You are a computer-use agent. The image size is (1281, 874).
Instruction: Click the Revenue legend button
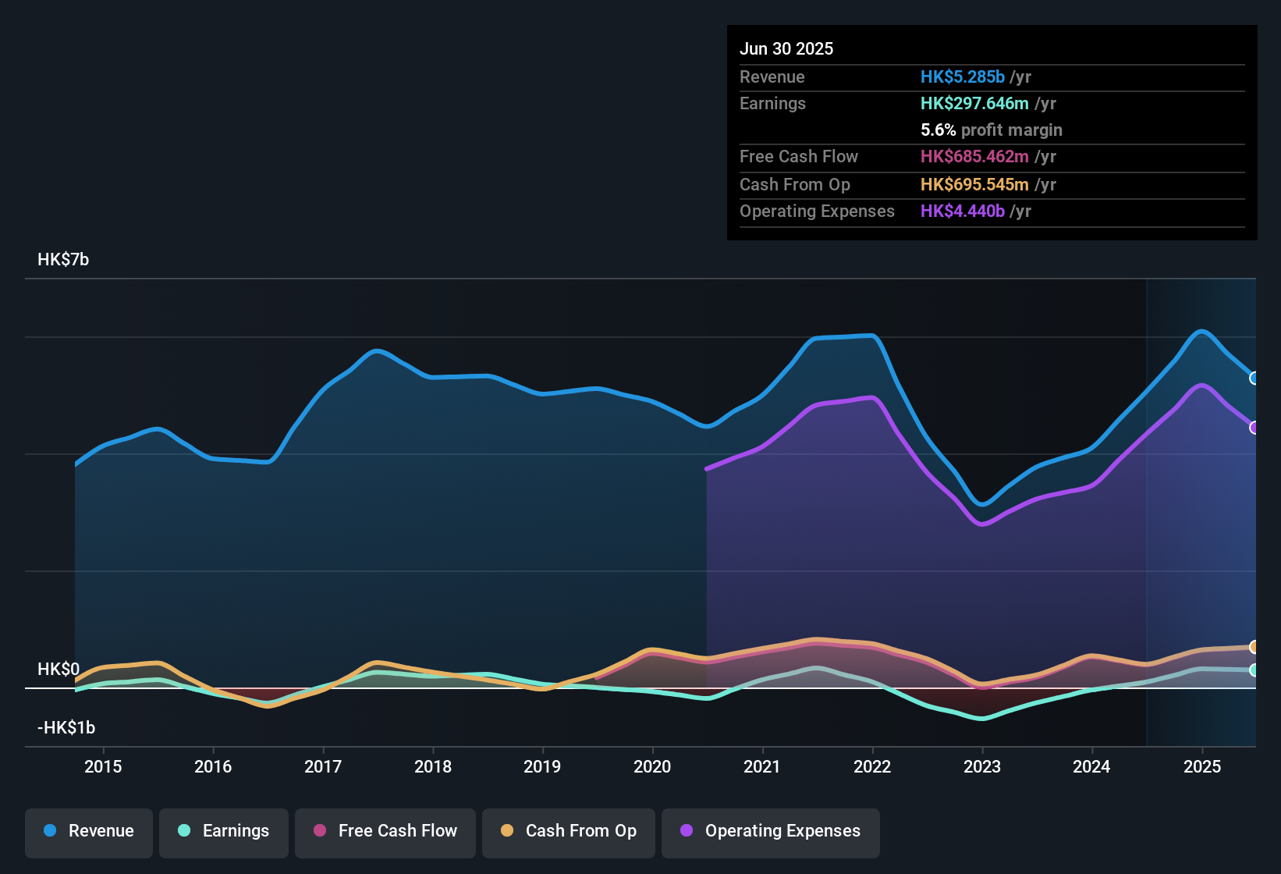coord(89,831)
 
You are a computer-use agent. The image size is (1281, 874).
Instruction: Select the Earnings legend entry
coord(224,831)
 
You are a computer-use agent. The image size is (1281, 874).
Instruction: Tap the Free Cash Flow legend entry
coord(385,831)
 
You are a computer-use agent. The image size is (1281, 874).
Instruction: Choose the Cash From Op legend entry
coord(569,831)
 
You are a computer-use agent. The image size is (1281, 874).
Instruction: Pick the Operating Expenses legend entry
coord(771,831)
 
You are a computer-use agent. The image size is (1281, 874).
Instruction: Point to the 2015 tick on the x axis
coord(103,766)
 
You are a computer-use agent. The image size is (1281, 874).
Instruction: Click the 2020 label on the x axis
coord(652,766)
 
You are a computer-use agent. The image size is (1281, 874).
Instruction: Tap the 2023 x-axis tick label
coord(982,766)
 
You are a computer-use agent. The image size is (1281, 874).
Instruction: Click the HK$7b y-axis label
coord(63,260)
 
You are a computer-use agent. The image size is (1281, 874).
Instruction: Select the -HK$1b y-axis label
coord(66,728)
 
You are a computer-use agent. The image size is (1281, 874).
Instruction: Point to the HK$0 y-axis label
coord(59,670)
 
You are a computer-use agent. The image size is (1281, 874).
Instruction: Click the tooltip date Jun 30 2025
coord(786,49)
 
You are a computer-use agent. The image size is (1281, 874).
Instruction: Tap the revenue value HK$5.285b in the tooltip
coord(962,77)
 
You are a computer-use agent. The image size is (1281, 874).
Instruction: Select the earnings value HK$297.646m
coord(974,104)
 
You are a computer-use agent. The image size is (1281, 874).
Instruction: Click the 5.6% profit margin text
coord(991,130)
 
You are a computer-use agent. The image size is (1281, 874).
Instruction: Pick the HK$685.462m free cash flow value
coord(974,157)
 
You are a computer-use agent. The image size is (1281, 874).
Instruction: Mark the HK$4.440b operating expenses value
coord(962,211)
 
